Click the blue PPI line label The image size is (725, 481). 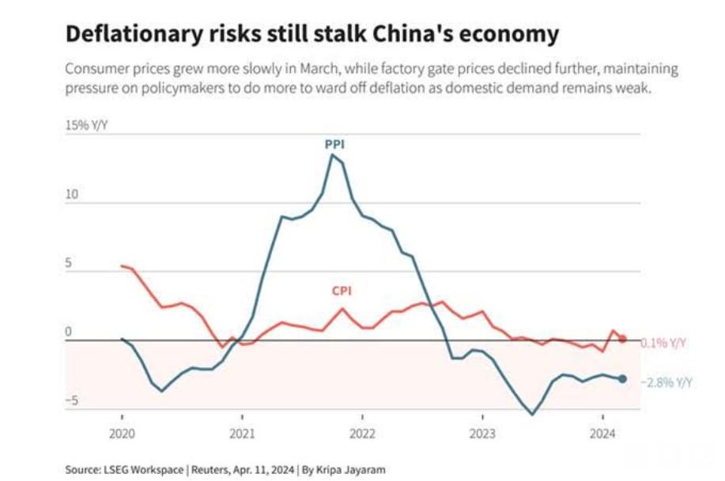pyautogui.click(x=334, y=145)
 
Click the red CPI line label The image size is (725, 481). pyautogui.click(x=341, y=291)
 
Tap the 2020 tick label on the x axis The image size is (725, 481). pyautogui.click(x=122, y=433)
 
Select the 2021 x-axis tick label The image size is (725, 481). pyautogui.click(x=242, y=433)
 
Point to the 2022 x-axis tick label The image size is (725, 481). pyautogui.click(x=362, y=433)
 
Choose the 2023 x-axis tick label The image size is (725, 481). pyautogui.click(x=482, y=433)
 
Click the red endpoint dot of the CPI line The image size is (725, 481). pyautogui.click(x=622, y=339)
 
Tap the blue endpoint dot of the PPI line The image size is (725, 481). pyautogui.click(x=622, y=379)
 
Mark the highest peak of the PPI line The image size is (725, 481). pyautogui.click(x=332, y=155)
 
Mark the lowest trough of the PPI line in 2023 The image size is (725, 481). pyautogui.click(x=532, y=414)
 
